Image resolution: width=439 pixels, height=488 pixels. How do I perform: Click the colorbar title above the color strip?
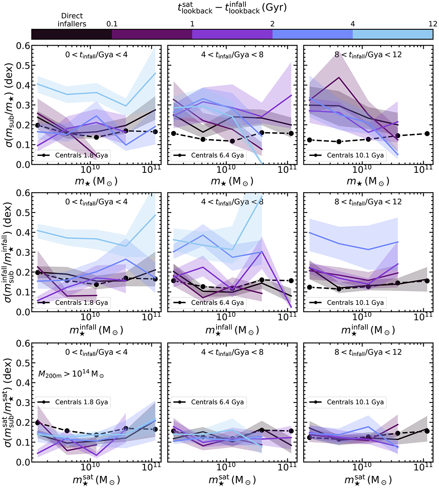pyautogui.click(x=232, y=8)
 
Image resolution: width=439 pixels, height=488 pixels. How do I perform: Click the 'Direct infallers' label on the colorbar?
pyautogui.click(x=72, y=20)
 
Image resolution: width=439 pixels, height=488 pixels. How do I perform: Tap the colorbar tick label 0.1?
pyautogui.click(x=112, y=24)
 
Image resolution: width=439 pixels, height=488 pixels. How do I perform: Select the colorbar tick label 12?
pyautogui.click(x=433, y=24)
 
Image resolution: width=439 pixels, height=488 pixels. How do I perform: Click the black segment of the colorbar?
pyautogui.click(x=72, y=34)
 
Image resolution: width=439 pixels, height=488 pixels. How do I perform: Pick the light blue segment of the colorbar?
pyautogui.click(x=393, y=34)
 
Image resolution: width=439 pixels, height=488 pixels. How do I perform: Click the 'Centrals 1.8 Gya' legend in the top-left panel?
pyautogui.click(x=74, y=155)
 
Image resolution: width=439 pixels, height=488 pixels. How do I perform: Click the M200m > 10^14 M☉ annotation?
pyautogui.click(x=71, y=374)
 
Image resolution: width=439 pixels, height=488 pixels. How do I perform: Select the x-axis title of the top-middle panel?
pyautogui.click(x=232, y=181)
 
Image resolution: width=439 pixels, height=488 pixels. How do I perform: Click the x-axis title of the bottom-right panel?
pyautogui.click(x=368, y=479)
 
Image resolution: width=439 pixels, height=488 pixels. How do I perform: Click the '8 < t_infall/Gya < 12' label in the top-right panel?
pyautogui.click(x=368, y=55)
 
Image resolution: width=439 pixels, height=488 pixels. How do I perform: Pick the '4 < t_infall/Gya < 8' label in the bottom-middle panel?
pyautogui.click(x=232, y=352)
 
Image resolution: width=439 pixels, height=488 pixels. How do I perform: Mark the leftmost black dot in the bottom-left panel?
pyautogui.click(x=37, y=422)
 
